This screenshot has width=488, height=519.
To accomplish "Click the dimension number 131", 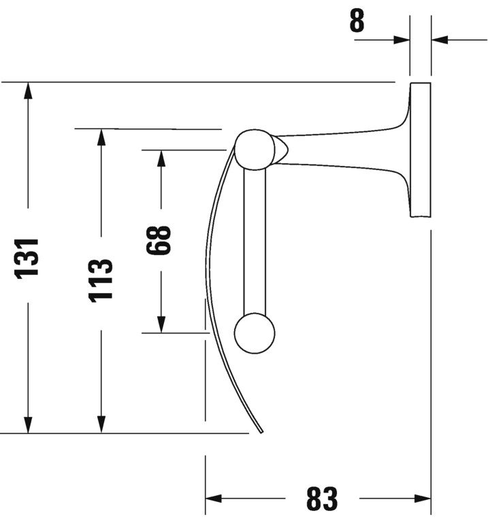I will coord(28,257).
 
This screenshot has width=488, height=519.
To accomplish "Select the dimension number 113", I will coord(101,280).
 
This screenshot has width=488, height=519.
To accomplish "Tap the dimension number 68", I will coord(160,240).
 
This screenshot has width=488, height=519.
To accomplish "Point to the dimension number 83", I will coord(321,499).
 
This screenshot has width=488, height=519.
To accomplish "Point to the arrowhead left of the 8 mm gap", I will coord(402,39).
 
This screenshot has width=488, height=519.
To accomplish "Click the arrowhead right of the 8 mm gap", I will coord(439,39).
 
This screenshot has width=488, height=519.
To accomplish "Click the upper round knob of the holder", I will coord(255,149).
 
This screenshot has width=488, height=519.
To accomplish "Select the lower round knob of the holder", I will coord(255,333).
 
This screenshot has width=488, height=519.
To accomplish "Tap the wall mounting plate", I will coord(420,150).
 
